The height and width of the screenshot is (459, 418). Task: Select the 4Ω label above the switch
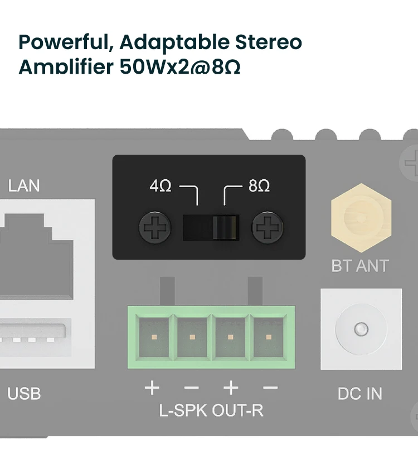(x=161, y=186)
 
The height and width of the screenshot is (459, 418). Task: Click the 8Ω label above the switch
(x=259, y=186)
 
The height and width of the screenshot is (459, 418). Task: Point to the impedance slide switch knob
(x=225, y=228)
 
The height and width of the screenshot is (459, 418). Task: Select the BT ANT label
(x=360, y=266)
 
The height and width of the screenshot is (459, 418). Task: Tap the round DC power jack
(x=361, y=328)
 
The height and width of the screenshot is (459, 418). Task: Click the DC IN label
(x=360, y=394)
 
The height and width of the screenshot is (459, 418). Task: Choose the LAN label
(x=24, y=185)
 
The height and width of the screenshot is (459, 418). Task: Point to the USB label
(x=24, y=394)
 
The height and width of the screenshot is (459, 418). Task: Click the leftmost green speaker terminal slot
(x=152, y=337)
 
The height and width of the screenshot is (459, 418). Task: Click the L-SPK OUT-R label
(x=211, y=411)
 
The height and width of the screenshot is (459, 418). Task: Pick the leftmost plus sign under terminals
(x=152, y=388)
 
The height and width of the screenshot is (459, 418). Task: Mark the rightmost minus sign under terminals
(x=270, y=388)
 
